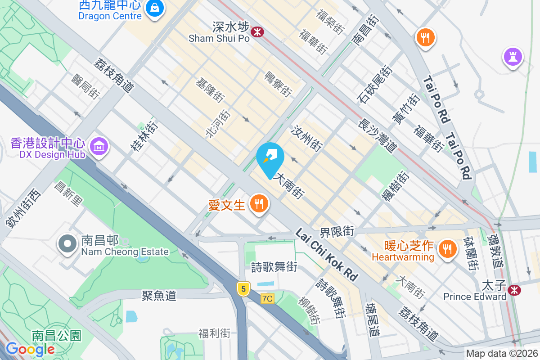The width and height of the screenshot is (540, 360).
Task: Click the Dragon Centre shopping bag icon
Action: tap(154, 8)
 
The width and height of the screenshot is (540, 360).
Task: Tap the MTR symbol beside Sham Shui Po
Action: tap(258, 32)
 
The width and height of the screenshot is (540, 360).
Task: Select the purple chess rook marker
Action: tap(513, 57)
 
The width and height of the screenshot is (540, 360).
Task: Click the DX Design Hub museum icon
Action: tap(99, 146)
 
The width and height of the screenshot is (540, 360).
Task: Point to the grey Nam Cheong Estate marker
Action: tap(67, 243)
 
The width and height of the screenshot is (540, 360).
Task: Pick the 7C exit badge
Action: tap(267, 298)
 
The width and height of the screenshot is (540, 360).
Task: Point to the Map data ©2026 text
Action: tap(501, 354)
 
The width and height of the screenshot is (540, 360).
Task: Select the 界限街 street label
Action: tap(337, 232)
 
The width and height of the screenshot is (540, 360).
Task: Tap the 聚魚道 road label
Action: tap(159, 295)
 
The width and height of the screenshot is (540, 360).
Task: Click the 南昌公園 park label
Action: tap(56, 335)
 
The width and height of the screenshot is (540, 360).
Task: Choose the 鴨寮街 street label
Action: tap(278, 84)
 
